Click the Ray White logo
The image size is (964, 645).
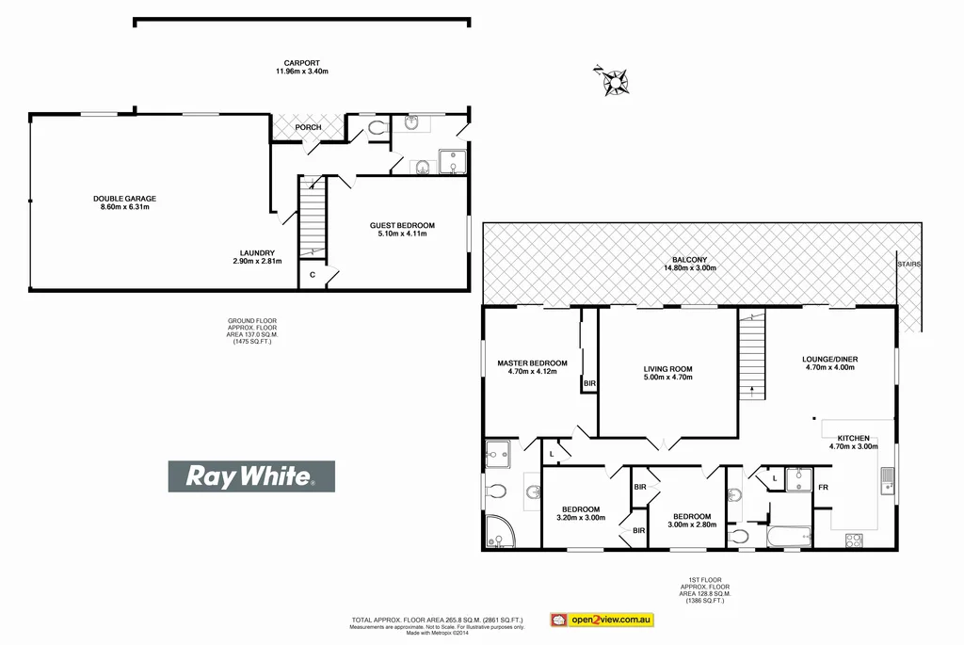[251, 476]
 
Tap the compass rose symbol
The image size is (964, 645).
[616, 82]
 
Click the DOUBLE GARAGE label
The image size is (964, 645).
[124, 198]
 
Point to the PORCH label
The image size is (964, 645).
[308, 127]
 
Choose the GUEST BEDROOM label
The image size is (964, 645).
[402, 225]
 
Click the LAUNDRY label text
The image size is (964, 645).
[256, 252]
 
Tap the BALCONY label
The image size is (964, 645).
[689, 260]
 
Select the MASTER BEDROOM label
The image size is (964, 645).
[532, 363]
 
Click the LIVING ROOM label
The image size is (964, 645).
[667, 369]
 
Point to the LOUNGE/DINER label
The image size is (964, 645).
[829, 360]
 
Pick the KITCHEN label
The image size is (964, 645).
[851, 439]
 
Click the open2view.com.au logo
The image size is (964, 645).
[602, 620]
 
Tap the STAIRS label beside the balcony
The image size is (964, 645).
[908, 265]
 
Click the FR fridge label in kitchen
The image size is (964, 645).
[822, 488]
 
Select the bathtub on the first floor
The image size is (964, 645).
[790, 538]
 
